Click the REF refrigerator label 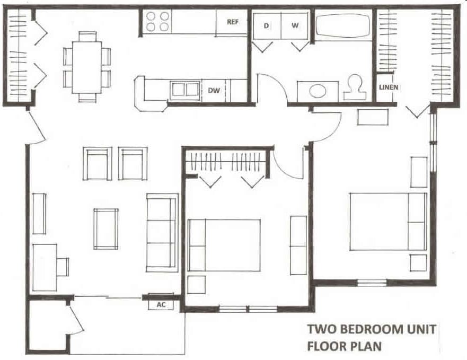[x=233, y=22]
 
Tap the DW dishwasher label [x=214, y=91]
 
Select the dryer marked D [x=266, y=25]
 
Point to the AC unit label [x=161, y=305]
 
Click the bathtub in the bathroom [x=343, y=26]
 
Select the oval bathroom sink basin [x=318, y=91]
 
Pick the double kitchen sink [x=185, y=90]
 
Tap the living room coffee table [x=106, y=229]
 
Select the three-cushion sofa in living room [x=162, y=232]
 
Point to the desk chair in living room [x=63, y=267]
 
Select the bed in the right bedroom [x=387, y=222]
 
